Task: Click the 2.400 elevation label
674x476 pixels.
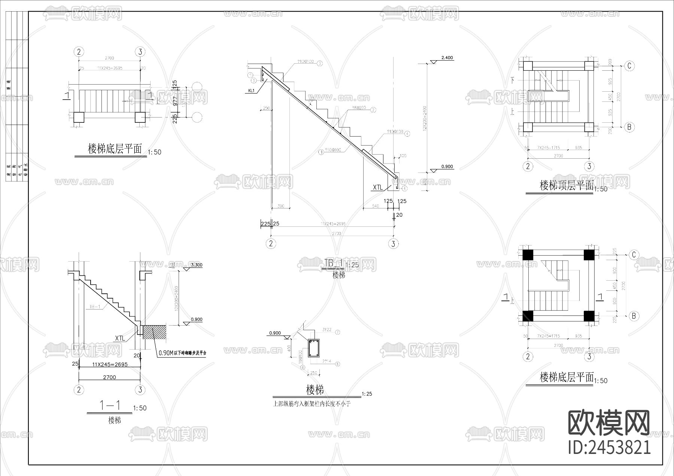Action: pyautogui.click(x=447, y=58)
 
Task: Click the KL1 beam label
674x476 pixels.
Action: pyautogui.click(x=251, y=91)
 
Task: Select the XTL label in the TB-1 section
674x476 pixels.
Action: pyautogui.click(x=378, y=187)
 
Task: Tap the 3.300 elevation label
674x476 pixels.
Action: pyautogui.click(x=196, y=265)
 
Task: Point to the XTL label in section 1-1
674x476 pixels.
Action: pyautogui.click(x=120, y=338)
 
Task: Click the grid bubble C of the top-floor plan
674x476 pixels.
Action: pyautogui.click(x=629, y=66)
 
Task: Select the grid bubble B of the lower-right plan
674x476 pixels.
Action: pyautogui.click(x=634, y=316)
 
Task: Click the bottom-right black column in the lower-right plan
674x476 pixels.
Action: pyautogui.click(x=589, y=316)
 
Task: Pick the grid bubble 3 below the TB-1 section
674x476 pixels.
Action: pyautogui.click(x=393, y=244)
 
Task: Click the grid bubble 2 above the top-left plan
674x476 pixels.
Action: pyautogui.click(x=79, y=52)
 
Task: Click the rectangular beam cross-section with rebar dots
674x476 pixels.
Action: pyautogui.click(x=313, y=348)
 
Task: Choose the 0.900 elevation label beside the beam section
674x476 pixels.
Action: pyautogui.click(x=275, y=333)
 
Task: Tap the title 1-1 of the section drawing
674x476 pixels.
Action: pyautogui.click(x=110, y=405)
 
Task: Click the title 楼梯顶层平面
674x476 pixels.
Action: pyautogui.click(x=567, y=185)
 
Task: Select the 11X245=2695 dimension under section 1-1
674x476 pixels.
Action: pyautogui.click(x=110, y=364)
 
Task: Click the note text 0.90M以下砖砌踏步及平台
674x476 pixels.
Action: pyautogui.click(x=182, y=353)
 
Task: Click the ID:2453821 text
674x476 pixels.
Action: pyautogui.click(x=609, y=447)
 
